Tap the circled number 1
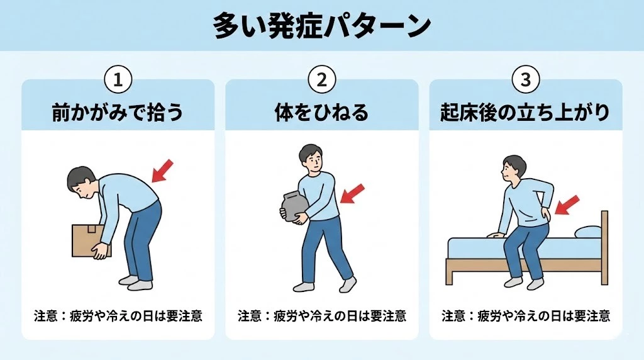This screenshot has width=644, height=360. pyautogui.click(x=118, y=80)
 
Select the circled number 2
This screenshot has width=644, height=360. pyautogui.click(x=321, y=80)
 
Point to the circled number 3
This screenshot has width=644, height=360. pyautogui.click(x=525, y=80)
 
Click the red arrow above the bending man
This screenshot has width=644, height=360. pyautogui.click(x=162, y=171)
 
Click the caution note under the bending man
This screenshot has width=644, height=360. pyautogui.click(x=118, y=315)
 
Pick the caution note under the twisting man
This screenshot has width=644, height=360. pyautogui.click(x=321, y=315)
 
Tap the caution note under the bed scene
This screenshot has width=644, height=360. pyautogui.click(x=525, y=315)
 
